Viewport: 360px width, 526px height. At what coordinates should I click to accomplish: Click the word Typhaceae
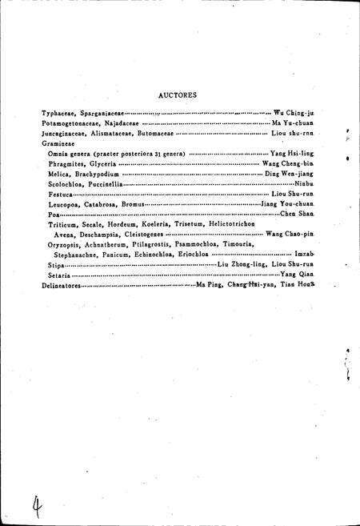pos(60,114)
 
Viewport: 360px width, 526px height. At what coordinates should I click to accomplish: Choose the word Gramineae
pos(58,143)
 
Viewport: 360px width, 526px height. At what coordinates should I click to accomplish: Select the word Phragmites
pos(66,163)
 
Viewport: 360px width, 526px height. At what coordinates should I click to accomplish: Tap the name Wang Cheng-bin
pos(288,163)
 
